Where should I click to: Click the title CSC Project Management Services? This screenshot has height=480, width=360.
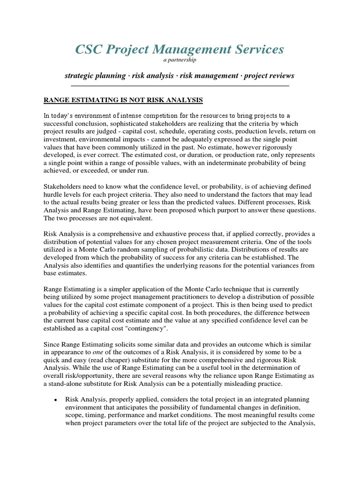coord(180,49)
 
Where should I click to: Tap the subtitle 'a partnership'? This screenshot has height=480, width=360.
coord(180,60)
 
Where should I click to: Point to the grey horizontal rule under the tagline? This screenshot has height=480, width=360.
coord(180,86)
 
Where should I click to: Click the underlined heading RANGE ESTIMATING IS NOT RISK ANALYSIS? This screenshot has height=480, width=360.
coord(123,100)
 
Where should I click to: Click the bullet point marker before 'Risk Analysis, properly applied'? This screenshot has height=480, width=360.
coord(56,400)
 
